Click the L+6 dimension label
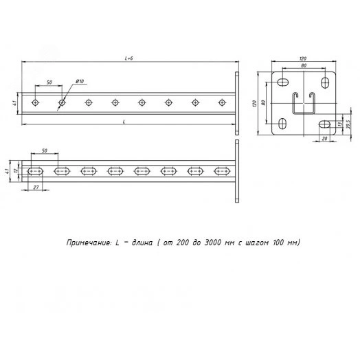[128, 58]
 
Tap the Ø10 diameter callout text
[80, 81]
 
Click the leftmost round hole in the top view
[35, 102]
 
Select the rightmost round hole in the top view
[222, 102]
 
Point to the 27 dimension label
[36, 188]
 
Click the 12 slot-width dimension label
[16, 170]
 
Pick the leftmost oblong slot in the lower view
[35, 171]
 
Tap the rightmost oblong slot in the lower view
[222, 171]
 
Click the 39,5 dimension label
[348, 124]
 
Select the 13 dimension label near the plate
[340, 124]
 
